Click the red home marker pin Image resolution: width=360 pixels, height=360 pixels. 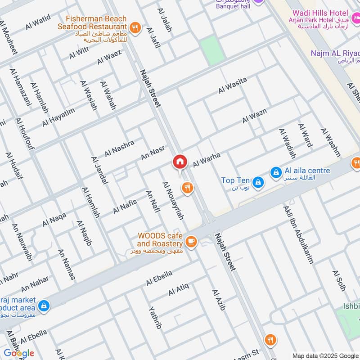click(x=180, y=162)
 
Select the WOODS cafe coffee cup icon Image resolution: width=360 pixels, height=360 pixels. click(x=191, y=242)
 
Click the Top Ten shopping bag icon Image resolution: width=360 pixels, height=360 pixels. click(x=257, y=182)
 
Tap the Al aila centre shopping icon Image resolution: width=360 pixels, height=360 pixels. click(x=275, y=172)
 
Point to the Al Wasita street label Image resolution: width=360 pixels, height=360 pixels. click(x=233, y=85)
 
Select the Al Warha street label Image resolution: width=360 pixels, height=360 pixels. click(x=207, y=158)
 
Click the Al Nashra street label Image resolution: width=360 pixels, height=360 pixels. click(x=119, y=148)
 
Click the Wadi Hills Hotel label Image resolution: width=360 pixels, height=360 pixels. click(x=319, y=14)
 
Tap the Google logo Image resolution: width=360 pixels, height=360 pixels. click(x=19, y=353)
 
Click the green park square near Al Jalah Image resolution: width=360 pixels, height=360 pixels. click(x=212, y=51)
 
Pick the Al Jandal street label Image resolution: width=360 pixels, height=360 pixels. click(x=99, y=171)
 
